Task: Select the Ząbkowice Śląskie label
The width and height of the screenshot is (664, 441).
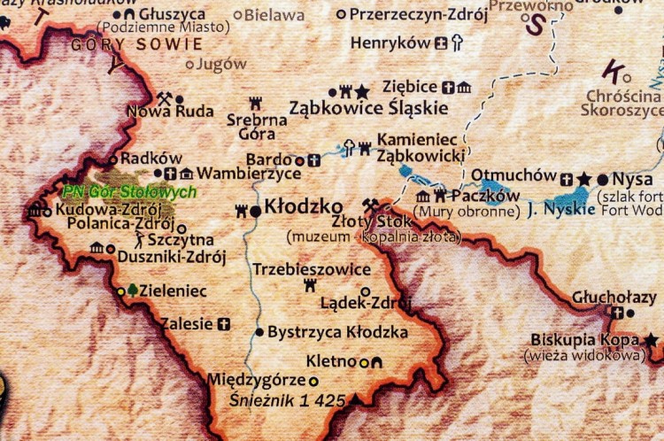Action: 369,109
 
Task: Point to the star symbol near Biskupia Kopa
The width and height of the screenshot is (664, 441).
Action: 652,339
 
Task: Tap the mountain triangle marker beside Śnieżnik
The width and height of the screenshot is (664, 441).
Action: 357,400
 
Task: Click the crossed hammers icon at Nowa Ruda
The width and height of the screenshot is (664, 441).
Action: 164,98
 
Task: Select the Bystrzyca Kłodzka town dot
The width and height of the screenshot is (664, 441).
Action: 259,332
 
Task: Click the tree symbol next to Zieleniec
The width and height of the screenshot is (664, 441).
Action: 133,290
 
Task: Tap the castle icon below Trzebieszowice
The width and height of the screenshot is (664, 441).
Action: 310,285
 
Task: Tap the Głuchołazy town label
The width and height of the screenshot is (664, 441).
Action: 614,297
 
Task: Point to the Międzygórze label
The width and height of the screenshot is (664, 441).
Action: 255,380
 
